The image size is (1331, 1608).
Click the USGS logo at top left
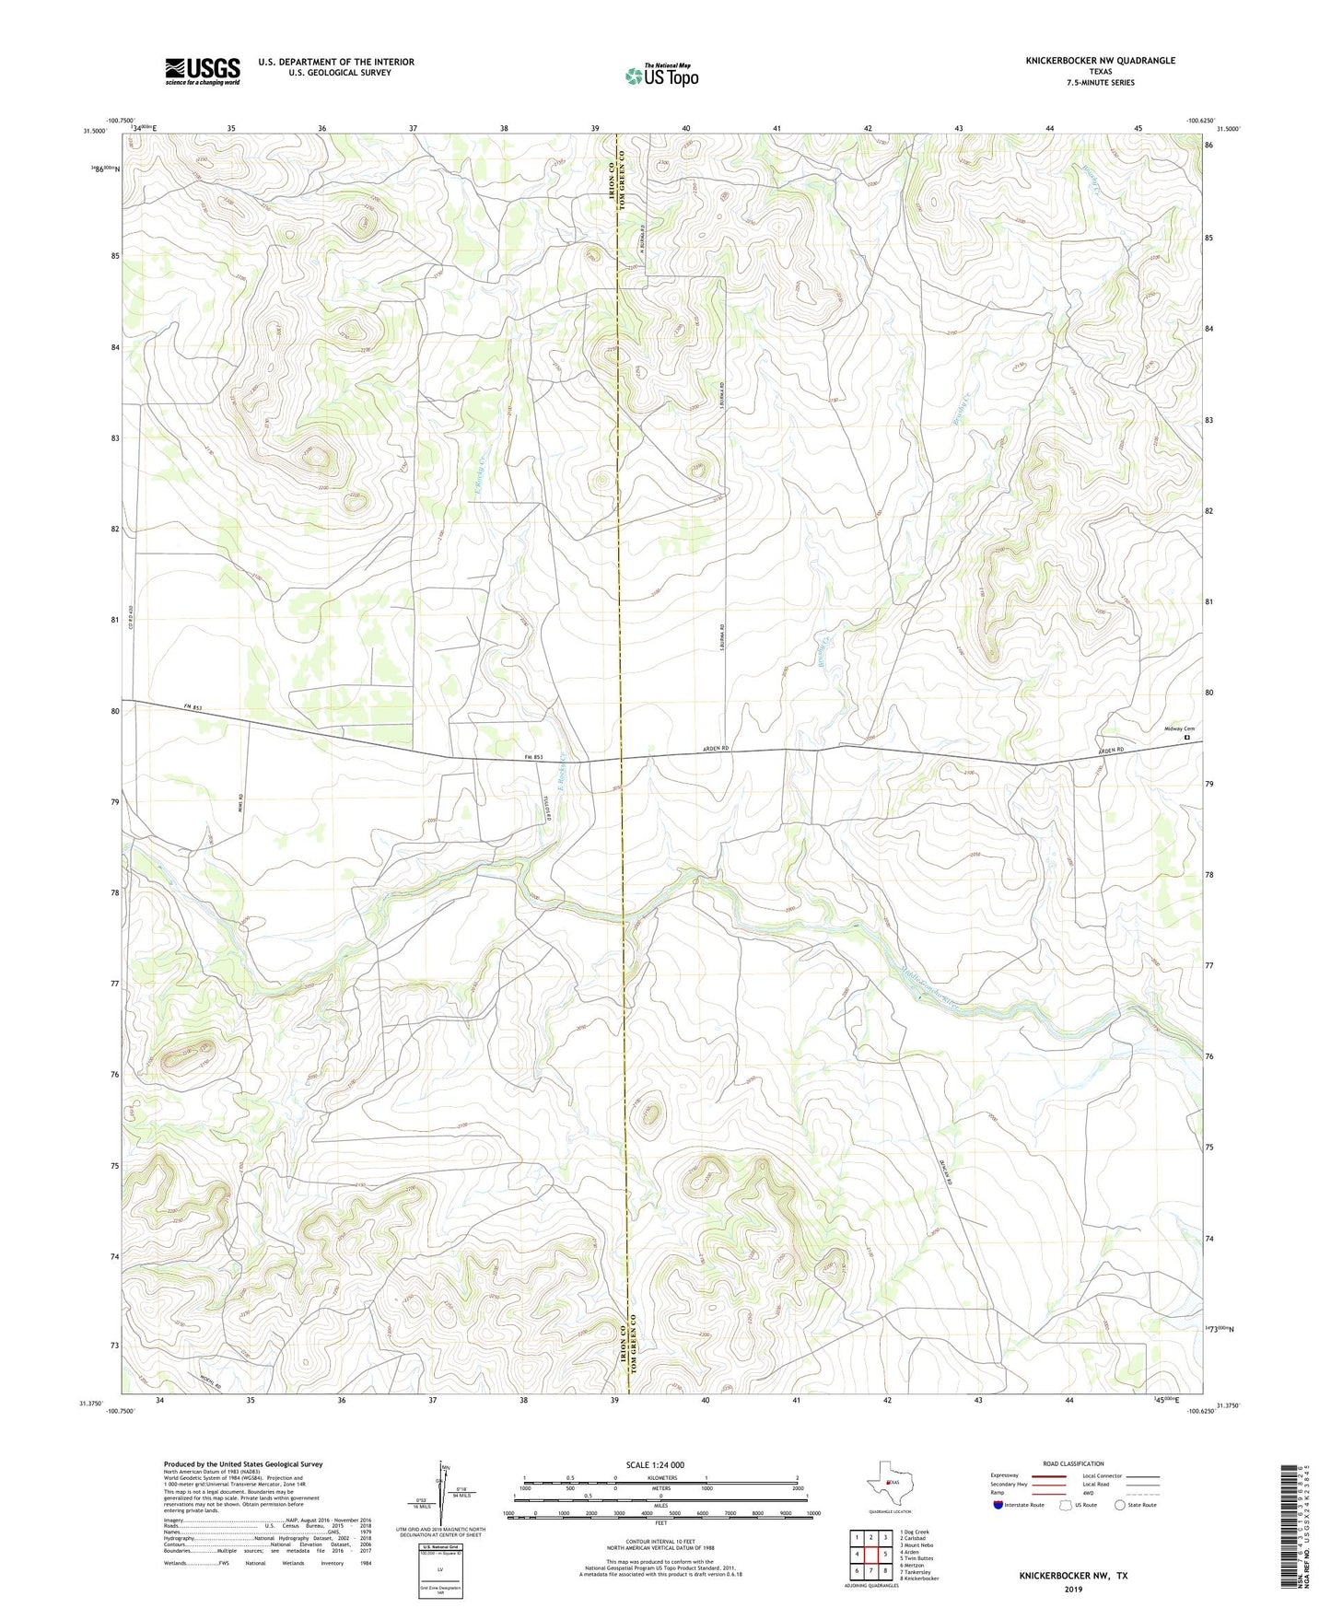pos(203,71)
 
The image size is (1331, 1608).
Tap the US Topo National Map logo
pos(661,76)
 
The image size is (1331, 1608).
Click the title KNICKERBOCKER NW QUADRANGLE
pos(1100,61)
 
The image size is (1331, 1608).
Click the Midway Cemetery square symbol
pos(1186,738)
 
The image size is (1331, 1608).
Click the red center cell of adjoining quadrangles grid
pos(870,1554)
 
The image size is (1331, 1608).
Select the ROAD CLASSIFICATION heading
pos(1072,1463)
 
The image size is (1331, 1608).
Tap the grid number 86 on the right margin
pos(1208,146)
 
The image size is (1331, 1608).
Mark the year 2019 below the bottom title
pos(1073,1589)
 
